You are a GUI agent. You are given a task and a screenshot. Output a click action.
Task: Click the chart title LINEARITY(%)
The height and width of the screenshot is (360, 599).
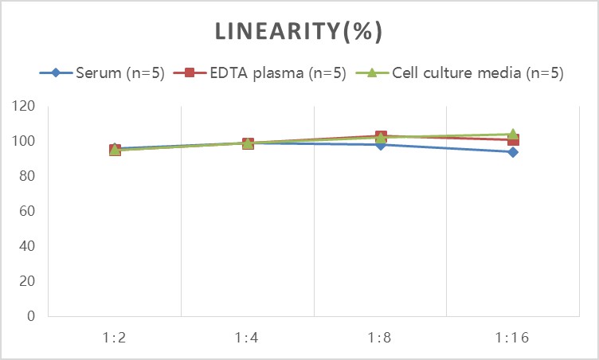coord(299,32)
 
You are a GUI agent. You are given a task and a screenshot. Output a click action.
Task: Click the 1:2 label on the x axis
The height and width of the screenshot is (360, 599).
coord(115,337)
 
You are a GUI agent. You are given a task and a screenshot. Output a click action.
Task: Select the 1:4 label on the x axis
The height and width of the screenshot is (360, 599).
coord(248,337)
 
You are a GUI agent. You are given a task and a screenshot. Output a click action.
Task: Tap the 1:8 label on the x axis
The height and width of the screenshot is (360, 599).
coord(381,337)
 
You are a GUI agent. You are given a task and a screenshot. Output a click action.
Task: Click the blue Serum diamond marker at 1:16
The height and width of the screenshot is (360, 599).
coord(514,152)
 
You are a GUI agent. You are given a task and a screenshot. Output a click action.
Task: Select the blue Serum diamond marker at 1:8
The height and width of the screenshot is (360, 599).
coord(381,145)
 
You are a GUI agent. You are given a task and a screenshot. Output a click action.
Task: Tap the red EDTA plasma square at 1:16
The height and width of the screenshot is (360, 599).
coord(514,140)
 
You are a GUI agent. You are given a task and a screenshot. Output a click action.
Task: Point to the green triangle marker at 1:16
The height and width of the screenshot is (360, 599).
coord(514,134)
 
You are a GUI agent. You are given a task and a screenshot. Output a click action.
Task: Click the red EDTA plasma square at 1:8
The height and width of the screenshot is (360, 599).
coord(381,136)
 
